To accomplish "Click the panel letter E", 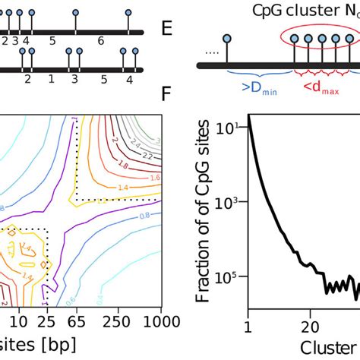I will tap(168, 30).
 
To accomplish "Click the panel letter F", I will tap(168, 93).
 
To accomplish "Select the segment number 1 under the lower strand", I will tap(51, 78).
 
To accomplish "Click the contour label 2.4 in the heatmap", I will tap(135, 144).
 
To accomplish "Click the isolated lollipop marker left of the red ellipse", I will tap(226, 38).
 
